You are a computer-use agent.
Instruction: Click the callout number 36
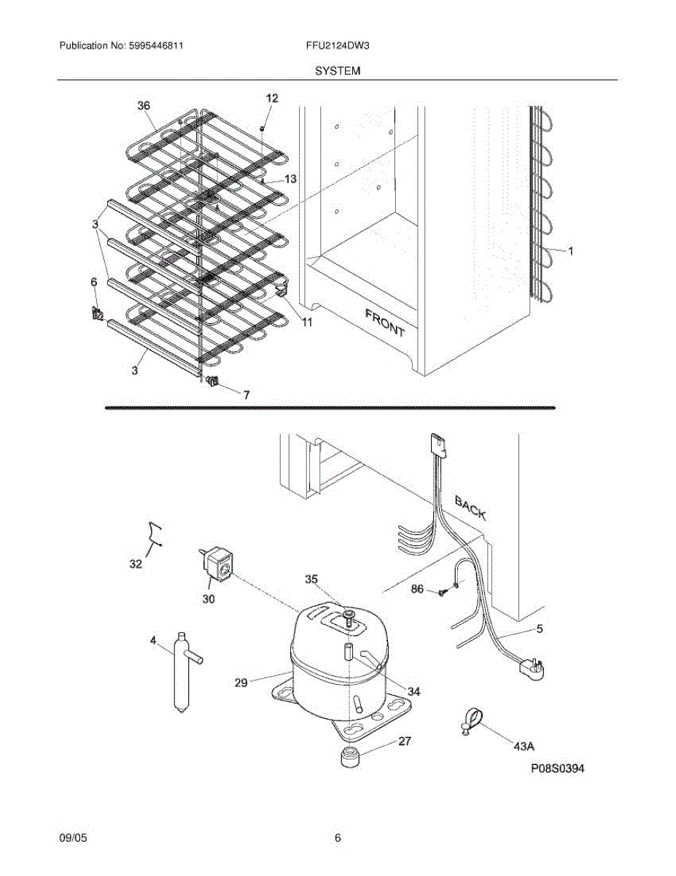[144, 106]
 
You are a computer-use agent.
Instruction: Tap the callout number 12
[272, 98]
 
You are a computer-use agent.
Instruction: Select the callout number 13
[290, 179]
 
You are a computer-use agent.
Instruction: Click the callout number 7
[246, 395]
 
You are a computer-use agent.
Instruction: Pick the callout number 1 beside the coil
[571, 251]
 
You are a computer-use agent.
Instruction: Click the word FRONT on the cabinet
[384, 322]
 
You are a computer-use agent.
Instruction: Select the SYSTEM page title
[338, 71]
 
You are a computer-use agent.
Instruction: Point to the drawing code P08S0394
[558, 769]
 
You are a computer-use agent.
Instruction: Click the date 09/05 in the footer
[73, 839]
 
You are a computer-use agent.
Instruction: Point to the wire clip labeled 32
[153, 534]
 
